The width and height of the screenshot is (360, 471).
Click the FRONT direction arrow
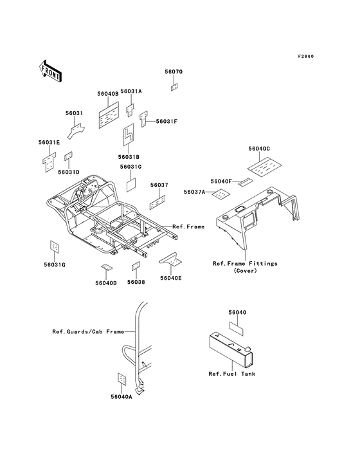(x=50, y=71)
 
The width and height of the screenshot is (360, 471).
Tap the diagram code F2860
(x=306, y=56)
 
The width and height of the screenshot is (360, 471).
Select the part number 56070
(x=174, y=72)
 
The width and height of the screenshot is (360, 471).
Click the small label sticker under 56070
(x=174, y=87)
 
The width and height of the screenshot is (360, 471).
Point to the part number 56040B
(x=108, y=94)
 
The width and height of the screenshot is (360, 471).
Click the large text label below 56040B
(x=109, y=115)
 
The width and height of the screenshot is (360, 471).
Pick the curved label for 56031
(x=76, y=131)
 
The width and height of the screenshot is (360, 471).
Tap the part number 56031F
(x=166, y=122)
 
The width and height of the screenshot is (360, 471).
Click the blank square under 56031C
(x=131, y=185)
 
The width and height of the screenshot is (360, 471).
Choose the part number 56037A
(x=194, y=192)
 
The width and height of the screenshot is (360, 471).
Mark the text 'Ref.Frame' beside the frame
(x=188, y=226)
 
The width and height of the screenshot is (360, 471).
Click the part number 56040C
(x=259, y=149)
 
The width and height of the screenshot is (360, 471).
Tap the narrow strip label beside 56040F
(x=246, y=182)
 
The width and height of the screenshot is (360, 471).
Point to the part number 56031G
(x=54, y=265)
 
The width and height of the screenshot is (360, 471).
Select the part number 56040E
(x=171, y=278)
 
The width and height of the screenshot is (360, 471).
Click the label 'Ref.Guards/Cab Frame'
(x=88, y=331)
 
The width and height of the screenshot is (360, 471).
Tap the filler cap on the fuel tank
(x=248, y=349)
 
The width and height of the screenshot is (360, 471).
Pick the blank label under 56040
(x=237, y=328)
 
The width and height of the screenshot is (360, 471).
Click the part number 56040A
(x=122, y=397)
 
